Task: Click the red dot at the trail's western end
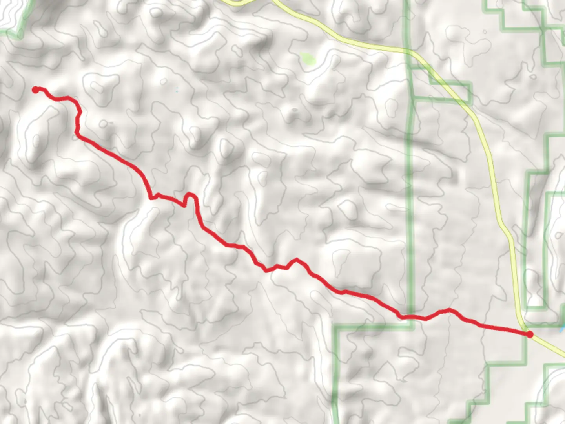[x=36, y=90]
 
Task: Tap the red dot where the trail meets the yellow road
[x=529, y=334]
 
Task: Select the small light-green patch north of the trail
[x=308, y=59]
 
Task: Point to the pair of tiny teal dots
[x=177, y=90]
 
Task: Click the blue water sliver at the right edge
[x=562, y=329]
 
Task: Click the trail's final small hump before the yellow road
[x=448, y=311]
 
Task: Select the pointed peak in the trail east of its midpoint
[x=296, y=260]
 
